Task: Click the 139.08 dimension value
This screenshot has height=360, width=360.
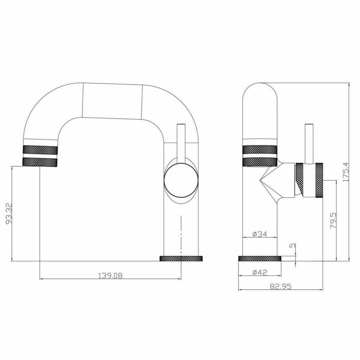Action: pos(110,275)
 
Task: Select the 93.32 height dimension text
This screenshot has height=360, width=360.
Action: pos(8,213)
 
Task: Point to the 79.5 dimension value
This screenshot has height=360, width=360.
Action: pos(333,220)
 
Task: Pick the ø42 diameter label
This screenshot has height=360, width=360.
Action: pos(260,273)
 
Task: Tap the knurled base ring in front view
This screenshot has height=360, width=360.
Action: pos(181,258)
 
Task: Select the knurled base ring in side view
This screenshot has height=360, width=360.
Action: pos(260,258)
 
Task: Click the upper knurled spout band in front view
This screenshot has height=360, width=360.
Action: pos(40,150)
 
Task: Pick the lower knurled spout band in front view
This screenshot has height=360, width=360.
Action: pos(40,162)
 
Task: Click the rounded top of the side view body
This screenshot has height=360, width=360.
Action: pos(260,90)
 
